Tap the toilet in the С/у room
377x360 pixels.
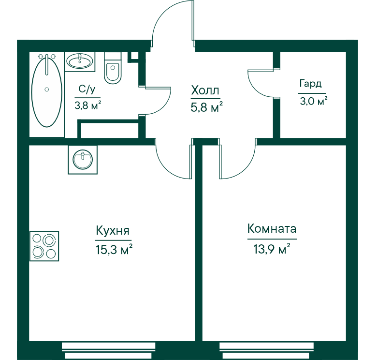tap(113, 68)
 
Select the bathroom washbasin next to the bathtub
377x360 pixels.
tap(80, 61)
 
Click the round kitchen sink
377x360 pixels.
tap(83, 159)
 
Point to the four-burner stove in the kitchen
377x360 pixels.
tap(44, 246)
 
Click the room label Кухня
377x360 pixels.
tap(113, 230)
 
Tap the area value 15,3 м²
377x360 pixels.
tap(114, 249)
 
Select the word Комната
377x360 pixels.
tap(272, 228)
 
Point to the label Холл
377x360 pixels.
tap(205, 90)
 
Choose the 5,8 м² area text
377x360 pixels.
tap(206, 107)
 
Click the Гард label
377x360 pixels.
tap(310, 84)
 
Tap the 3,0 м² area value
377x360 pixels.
tap(314, 101)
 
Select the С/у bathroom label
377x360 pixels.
tap(87, 90)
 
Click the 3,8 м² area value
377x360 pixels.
tap(88, 105)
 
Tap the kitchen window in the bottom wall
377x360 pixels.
tap(108, 350)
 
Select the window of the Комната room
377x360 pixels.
tap(267, 350)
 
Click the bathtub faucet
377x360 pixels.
tap(47, 63)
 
